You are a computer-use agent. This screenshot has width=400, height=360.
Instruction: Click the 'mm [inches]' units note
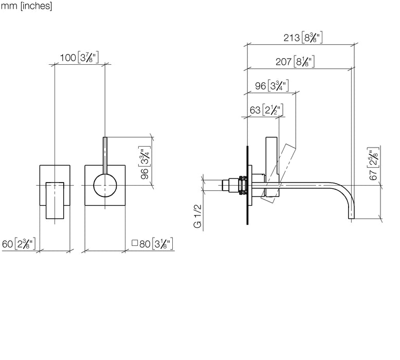point(27,6)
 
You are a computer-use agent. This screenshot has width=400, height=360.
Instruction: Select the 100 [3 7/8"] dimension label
point(79,58)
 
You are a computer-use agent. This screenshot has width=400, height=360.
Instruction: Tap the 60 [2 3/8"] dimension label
point(19,244)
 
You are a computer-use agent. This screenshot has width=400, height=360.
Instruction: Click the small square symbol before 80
point(135,243)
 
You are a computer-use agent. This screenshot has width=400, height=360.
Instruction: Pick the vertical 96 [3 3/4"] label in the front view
point(145,163)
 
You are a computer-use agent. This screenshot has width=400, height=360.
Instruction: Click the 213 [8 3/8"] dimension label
point(303,38)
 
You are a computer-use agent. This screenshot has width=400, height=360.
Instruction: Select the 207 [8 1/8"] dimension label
point(295,62)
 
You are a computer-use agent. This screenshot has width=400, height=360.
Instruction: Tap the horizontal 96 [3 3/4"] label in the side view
point(272,86)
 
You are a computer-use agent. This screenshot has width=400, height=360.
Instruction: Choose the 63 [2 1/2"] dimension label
point(266,110)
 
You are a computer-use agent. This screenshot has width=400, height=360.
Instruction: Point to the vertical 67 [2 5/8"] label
point(373,164)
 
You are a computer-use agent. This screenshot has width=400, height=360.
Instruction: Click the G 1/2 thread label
point(198,216)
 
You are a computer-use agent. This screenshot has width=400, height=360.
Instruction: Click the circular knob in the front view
point(105,186)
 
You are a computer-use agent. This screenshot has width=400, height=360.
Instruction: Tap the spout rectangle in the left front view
point(55,201)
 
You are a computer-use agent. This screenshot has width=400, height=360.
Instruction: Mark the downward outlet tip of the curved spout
point(352,219)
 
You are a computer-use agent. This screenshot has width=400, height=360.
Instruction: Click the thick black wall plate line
point(247,185)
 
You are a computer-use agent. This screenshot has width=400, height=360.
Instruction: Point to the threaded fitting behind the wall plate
point(234,186)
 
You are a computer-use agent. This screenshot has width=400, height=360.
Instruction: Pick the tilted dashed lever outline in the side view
point(279,173)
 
